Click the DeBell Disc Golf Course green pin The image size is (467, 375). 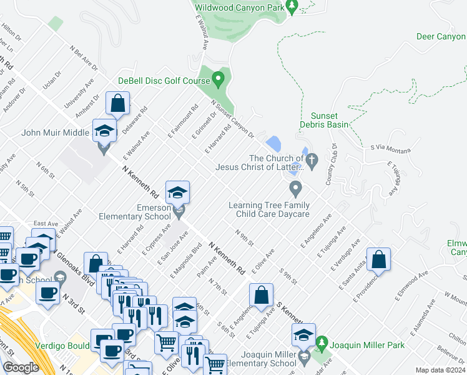coord(218,79)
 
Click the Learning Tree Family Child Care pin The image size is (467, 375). coord(295,187)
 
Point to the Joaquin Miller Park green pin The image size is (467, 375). coord(322,343)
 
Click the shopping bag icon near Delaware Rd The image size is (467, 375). coord(117,104)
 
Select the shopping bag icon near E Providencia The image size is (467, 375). coord(379,259)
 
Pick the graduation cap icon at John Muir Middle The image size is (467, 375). coord(105,131)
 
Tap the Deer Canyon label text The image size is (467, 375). coord(441,36)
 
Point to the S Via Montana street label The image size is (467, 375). coord(390,149)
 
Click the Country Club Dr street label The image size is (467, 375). coord(332,164)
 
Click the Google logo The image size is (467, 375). coord(21,367)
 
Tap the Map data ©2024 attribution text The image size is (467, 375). coord(441,370)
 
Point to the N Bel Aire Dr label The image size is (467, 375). coord(84,57)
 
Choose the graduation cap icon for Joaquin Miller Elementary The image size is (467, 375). coord(303,336)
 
